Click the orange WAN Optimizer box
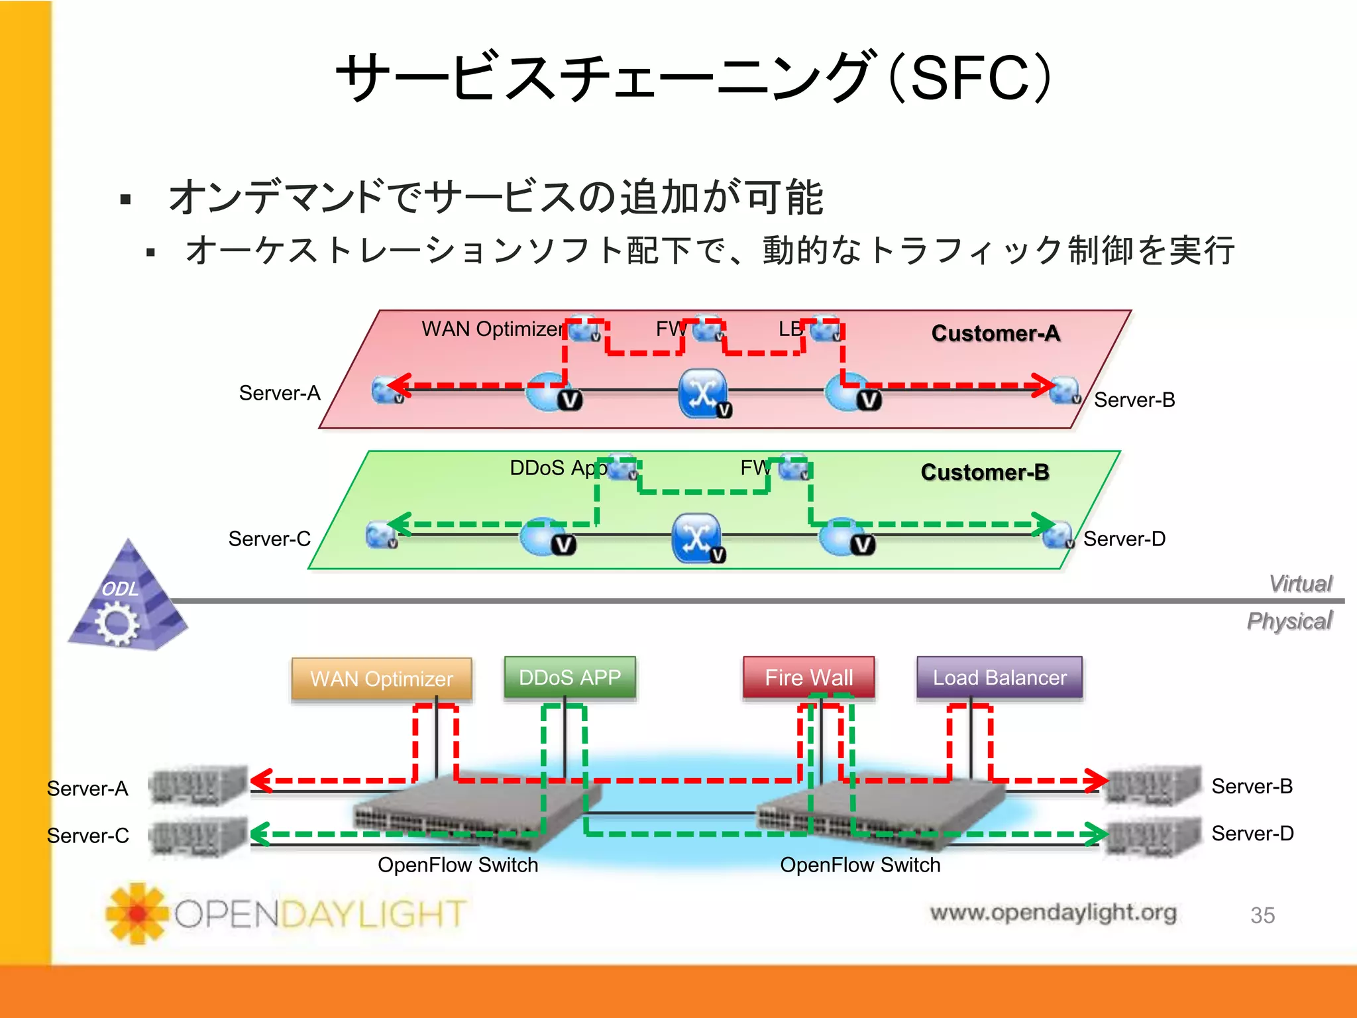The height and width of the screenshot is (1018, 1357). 382,679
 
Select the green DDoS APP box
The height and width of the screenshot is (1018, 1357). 570,677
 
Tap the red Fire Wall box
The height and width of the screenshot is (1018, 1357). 808,677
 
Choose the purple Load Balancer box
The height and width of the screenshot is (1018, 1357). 999,677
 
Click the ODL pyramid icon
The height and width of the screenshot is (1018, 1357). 127,600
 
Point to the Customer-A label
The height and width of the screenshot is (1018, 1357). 995,333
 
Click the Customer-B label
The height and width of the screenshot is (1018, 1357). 985,472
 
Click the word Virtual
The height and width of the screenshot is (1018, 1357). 1300,583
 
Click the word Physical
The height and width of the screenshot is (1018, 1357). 1289,621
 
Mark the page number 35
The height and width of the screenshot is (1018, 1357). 1262,915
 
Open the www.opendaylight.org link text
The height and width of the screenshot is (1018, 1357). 1053,913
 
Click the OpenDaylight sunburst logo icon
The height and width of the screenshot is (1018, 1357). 137,913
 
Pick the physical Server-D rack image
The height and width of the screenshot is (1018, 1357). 1153,835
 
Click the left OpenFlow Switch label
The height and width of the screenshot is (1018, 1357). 458,865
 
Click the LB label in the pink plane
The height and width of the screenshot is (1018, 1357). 790,329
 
